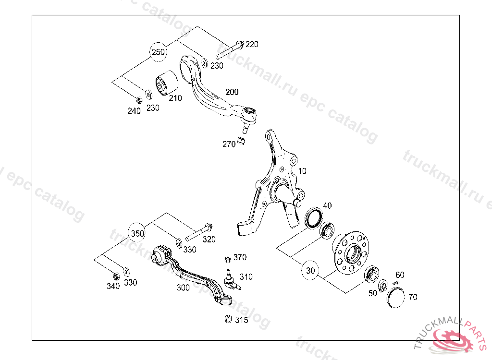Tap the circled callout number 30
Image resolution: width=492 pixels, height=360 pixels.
coord(310,271)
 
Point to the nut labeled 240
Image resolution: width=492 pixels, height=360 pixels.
coord(138,100)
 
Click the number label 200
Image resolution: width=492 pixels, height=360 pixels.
coord(232,92)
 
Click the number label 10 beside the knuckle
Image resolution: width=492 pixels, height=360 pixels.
coord(302,171)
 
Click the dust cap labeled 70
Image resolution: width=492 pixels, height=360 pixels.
coord(396,297)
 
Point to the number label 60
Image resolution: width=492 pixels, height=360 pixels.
coord(400,275)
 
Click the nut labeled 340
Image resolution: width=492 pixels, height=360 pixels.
coord(115,276)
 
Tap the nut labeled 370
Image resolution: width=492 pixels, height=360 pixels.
coord(228,260)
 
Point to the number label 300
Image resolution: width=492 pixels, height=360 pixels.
coord(183,288)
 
